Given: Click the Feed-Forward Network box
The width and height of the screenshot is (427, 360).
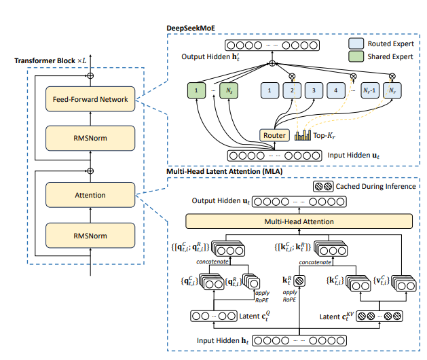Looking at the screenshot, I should [90, 99].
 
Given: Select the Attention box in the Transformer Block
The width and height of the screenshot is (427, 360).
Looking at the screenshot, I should [90, 195].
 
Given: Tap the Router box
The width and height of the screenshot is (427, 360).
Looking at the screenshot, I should [274, 135].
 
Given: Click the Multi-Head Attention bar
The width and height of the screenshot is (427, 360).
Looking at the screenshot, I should [299, 221].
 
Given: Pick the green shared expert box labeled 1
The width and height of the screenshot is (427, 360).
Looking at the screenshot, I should [196, 89].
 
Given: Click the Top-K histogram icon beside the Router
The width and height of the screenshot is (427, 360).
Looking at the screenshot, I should [302, 134].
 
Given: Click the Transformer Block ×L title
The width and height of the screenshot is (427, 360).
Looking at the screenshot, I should [48, 62].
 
